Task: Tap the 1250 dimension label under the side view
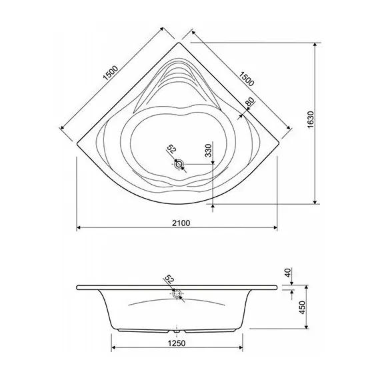pos(176,343)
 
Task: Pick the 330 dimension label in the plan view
pos(208,151)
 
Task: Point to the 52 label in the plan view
pos(171,149)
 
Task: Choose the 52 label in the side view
pos(169,280)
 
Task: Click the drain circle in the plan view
pos(179,164)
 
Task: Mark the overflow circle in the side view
pos(177,294)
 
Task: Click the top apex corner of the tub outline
pos(179,44)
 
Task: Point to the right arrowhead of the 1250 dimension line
pos(243,349)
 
